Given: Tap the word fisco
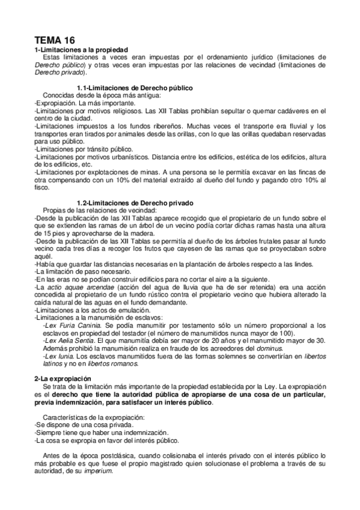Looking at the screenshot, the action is [x=42, y=188].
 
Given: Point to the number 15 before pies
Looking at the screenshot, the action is [x=39, y=232].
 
